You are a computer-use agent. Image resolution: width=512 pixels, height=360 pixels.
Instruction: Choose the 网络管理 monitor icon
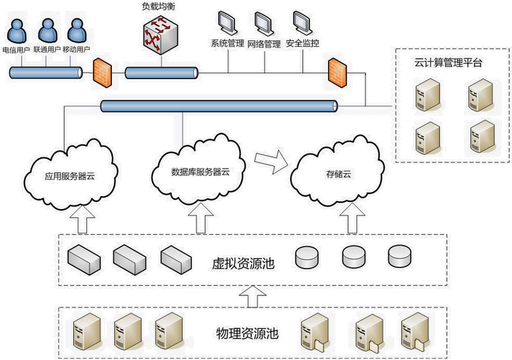click(264, 22)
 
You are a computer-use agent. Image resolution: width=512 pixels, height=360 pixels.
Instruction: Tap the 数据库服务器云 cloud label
click(200, 172)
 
